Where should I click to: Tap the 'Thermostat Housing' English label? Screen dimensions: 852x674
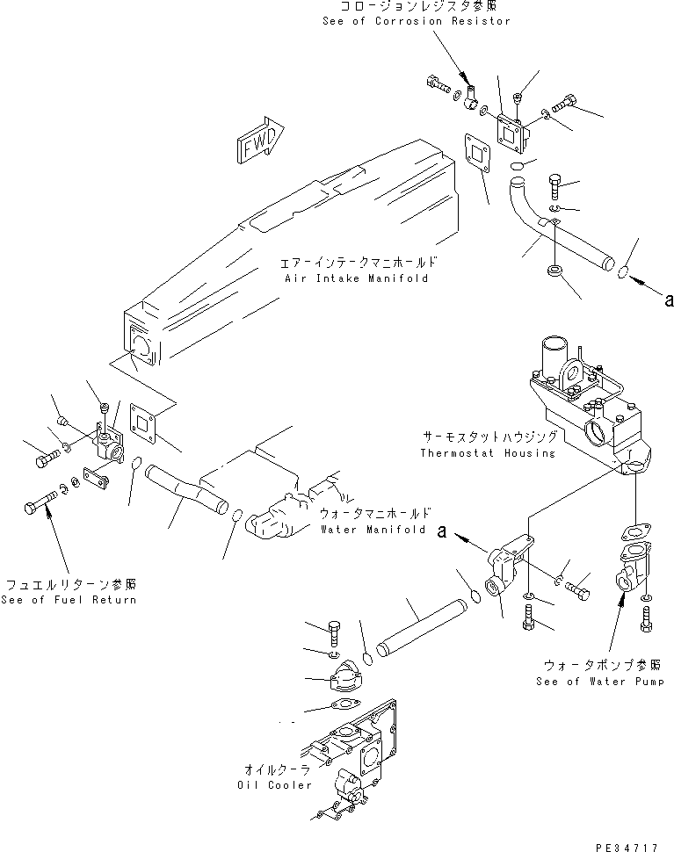tap(488, 453)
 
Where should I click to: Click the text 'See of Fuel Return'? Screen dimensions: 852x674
tap(69, 600)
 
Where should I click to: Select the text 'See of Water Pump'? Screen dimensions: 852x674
tap(600, 682)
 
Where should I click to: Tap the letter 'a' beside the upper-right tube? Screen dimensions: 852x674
tap(669, 300)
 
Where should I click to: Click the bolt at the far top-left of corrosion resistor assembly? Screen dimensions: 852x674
tap(436, 84)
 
